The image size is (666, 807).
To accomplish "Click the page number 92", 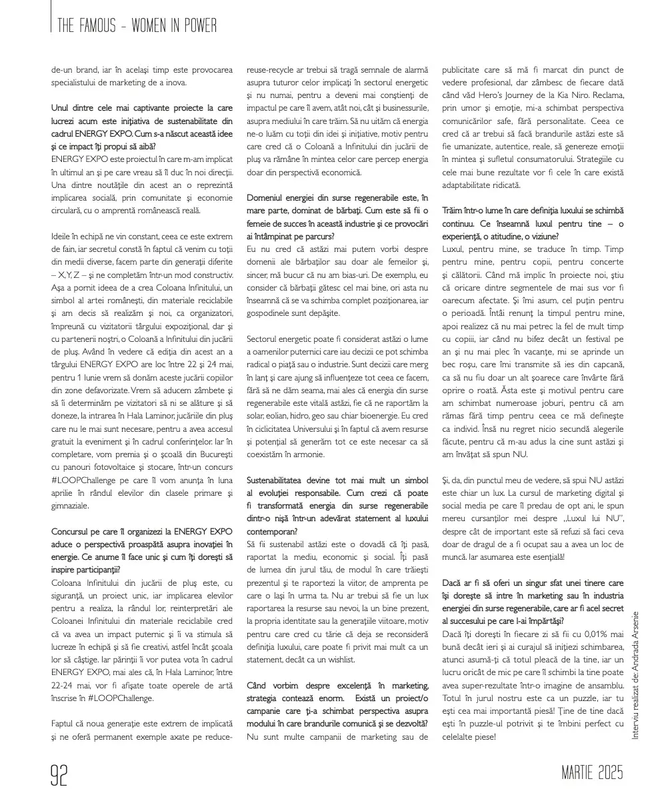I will [60, 774].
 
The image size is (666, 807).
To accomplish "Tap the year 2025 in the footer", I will [608, 774].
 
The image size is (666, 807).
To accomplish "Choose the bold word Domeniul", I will [267, 198].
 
